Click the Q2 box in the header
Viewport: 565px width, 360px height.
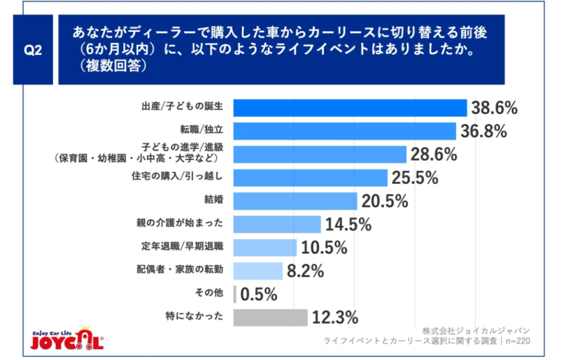(x=33, y=49)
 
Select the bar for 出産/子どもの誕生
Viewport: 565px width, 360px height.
(x=350, y=108)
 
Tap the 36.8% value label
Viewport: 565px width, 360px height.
(x=484, y=131)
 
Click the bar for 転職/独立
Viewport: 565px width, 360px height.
(x=345, y=131)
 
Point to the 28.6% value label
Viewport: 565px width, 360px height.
(x=434, y=155)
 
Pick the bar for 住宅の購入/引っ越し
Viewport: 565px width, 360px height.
(x=310, y=178)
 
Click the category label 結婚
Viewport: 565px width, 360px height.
(x=214, y=199)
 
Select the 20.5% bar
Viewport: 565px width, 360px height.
(x=295, y=201)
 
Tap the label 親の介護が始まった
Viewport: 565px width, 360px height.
(x=180, y=223)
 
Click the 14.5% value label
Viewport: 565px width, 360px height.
(x=348, y=224)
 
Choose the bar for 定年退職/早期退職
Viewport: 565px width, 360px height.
(x=265, y=248)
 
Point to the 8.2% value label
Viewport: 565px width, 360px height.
(x=305, y=271)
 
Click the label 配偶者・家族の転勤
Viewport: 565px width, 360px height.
(x=180, y=270)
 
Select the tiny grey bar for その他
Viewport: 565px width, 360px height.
(x=235, y=294)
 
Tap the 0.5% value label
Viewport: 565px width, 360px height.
(x=259, y=295)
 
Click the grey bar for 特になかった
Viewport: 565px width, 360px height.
(x=270, y=318)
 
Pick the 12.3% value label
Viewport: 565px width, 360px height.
(x=335, y=318)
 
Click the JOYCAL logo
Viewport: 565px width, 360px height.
(x=67, y=338)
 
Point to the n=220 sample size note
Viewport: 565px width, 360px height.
(x=517, y=341)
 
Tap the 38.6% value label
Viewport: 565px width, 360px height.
(x=494, y=108)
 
